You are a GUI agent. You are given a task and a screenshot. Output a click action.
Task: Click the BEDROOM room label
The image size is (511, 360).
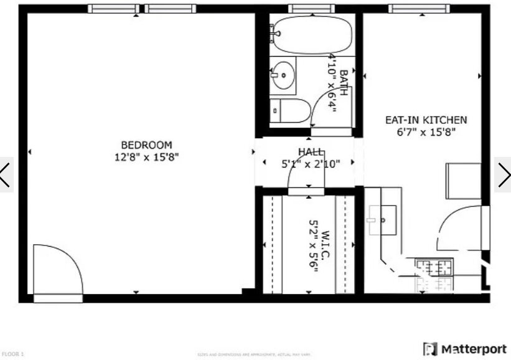[x=146, y=144]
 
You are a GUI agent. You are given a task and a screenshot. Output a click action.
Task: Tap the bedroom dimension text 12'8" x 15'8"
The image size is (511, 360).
[x=146, y=157]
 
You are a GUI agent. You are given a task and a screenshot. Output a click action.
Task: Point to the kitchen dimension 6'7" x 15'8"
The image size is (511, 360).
[x=431, y=131]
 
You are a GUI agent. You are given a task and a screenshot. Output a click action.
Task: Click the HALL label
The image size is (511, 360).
[x=311, y=152]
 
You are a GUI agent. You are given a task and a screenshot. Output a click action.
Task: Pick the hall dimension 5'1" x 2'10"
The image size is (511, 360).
[x=311, y=164]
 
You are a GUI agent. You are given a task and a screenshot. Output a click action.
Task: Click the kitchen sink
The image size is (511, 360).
[x=384, y=219]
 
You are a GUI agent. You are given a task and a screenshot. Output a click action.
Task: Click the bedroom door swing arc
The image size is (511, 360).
[x=58, y=268]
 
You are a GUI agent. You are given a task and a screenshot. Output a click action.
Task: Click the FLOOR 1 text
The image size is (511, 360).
[x=12, y=354]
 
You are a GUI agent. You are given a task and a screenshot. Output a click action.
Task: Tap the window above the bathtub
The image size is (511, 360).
[x=312, y=9]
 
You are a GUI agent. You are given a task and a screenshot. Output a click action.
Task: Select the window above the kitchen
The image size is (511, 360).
[x=418, y=9]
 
